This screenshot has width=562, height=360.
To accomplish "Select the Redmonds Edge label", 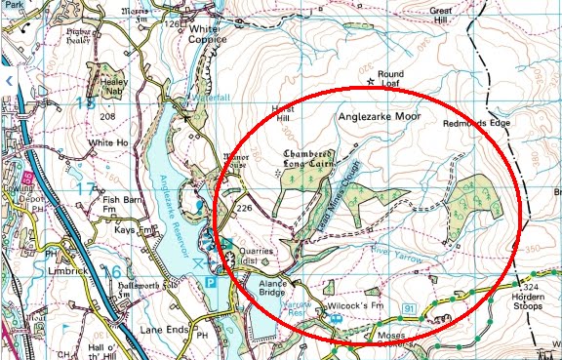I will click(x=476, y=124).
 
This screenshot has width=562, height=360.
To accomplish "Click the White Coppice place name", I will click(x=206, y=32).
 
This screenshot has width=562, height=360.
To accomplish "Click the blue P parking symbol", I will click(x=211, y=282).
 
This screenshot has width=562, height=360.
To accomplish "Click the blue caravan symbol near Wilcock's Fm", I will click(x=336, y=318).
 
